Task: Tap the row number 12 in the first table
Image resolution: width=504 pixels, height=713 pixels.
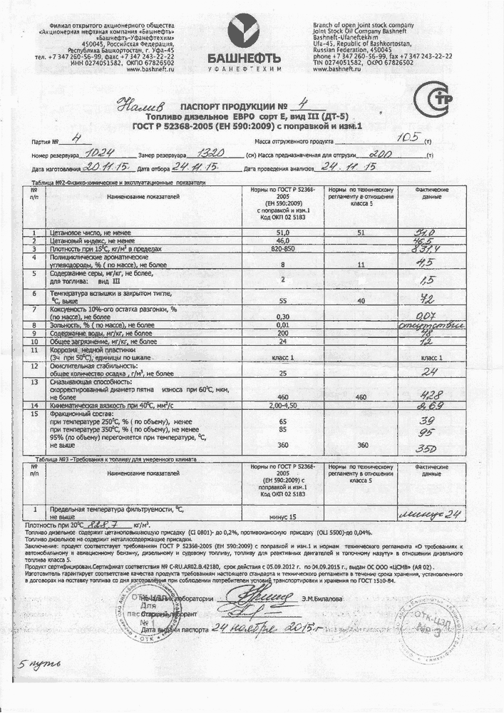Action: [x=34, y=366]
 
